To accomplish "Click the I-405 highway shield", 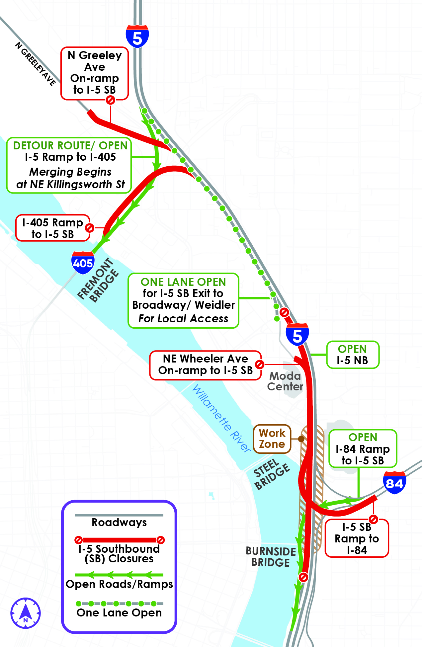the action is (83, 263).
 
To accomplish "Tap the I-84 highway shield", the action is (394, 483).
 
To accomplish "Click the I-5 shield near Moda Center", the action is (297, 335).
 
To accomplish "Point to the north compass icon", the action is (26, 613).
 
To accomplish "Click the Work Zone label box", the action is (272, 439).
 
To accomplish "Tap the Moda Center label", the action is (285, 381).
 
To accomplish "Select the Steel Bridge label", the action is (272, 474).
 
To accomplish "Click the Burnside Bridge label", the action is (271, 557).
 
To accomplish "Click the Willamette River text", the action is (221, 418).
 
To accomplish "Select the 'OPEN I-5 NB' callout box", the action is (353, 355).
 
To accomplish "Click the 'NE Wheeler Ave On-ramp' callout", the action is (206, 365).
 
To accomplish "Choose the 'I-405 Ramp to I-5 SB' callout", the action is (53, 228).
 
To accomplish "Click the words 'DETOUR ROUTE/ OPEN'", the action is (70, 145).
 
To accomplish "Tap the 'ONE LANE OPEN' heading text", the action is (183, 282).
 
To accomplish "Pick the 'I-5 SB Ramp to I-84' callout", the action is (357, 538).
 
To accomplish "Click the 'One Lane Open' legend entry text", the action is (119, 612).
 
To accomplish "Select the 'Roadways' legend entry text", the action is (119, 522).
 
